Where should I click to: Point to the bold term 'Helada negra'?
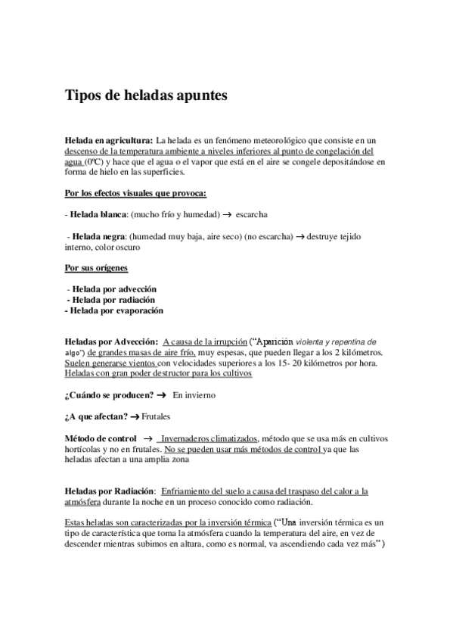point(102,237)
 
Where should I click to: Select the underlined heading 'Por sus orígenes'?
point(96,268)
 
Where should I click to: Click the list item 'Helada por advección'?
point(112,289)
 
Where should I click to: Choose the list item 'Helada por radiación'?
point(112,300)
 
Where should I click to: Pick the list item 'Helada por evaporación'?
point(114,310)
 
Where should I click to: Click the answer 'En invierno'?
point(194,395)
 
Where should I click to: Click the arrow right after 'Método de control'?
point(148,439)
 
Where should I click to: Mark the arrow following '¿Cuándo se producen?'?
point(161,395)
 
